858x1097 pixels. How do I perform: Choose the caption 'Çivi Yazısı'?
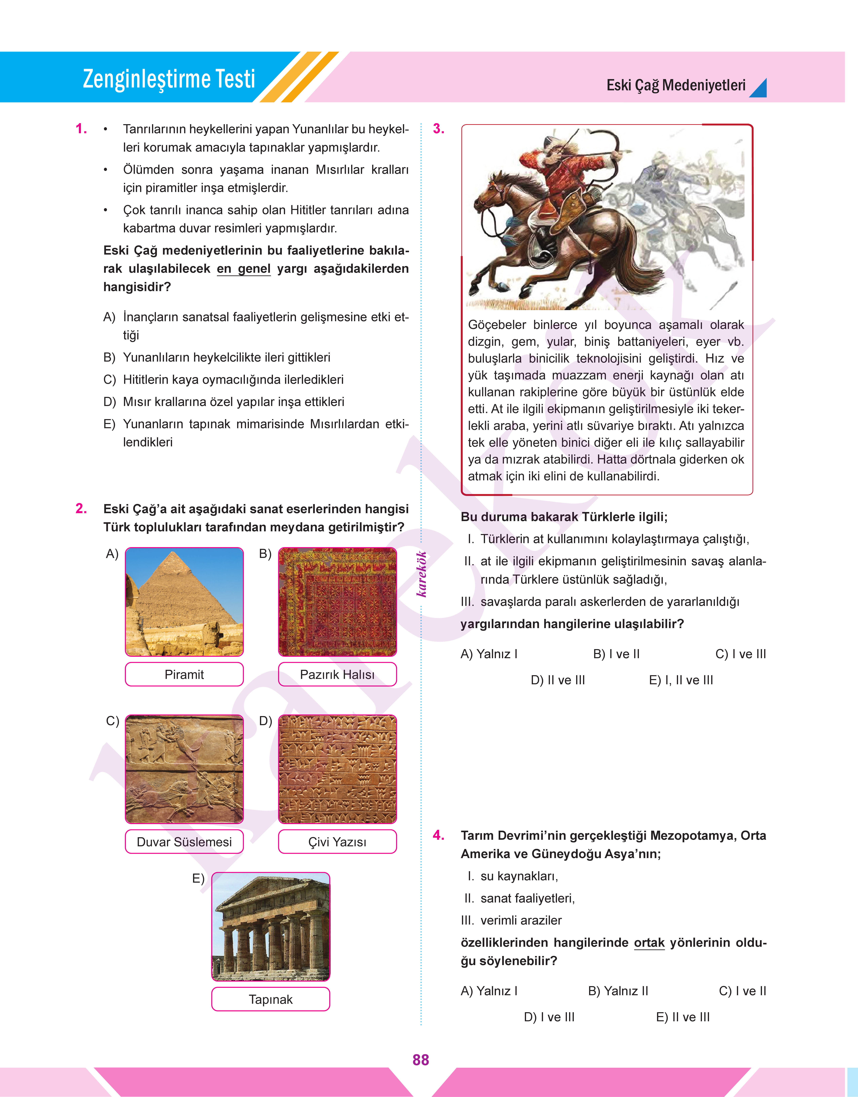coord(337,842)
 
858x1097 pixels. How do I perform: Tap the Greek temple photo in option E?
coord(271,927)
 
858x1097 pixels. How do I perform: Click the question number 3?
coord(439,129)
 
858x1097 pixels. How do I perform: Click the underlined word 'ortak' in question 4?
coord(649,943)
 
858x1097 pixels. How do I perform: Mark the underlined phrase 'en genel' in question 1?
coord(244,269)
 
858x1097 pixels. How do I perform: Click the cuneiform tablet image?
coord(337,769)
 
